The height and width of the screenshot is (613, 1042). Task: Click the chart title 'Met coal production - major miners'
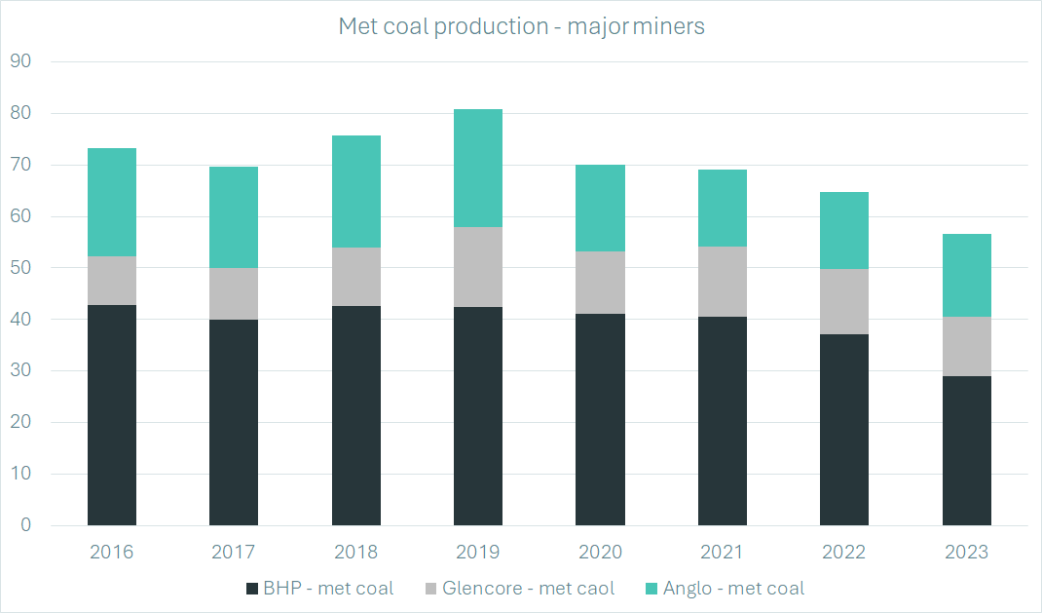tap(521, 26)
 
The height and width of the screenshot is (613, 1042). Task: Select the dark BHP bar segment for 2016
tap(112, 415)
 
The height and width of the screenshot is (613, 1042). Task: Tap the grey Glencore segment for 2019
tap(478, 267)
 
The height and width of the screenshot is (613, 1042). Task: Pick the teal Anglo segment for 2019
tap(478, 168)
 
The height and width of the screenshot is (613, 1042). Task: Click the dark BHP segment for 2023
tap(966, 450)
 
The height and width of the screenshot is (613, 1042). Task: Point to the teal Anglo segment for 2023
tap(966, 275)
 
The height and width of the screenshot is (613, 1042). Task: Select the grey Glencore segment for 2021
tap(722, 282)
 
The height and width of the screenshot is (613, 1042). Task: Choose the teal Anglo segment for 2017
tap(234, 217)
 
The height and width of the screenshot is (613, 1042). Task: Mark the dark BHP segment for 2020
tap(600, 419)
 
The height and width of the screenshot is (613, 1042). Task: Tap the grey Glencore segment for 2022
tap(844, 302)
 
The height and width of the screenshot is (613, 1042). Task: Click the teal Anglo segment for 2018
tap(356, 191)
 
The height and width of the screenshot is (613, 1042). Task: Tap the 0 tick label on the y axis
tap(27, 525)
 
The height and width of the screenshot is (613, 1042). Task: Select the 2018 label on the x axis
tap(356, 553)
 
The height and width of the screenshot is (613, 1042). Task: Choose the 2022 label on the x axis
tap(844, 553)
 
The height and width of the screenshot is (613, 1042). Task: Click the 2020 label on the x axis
tap(600, 553)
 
